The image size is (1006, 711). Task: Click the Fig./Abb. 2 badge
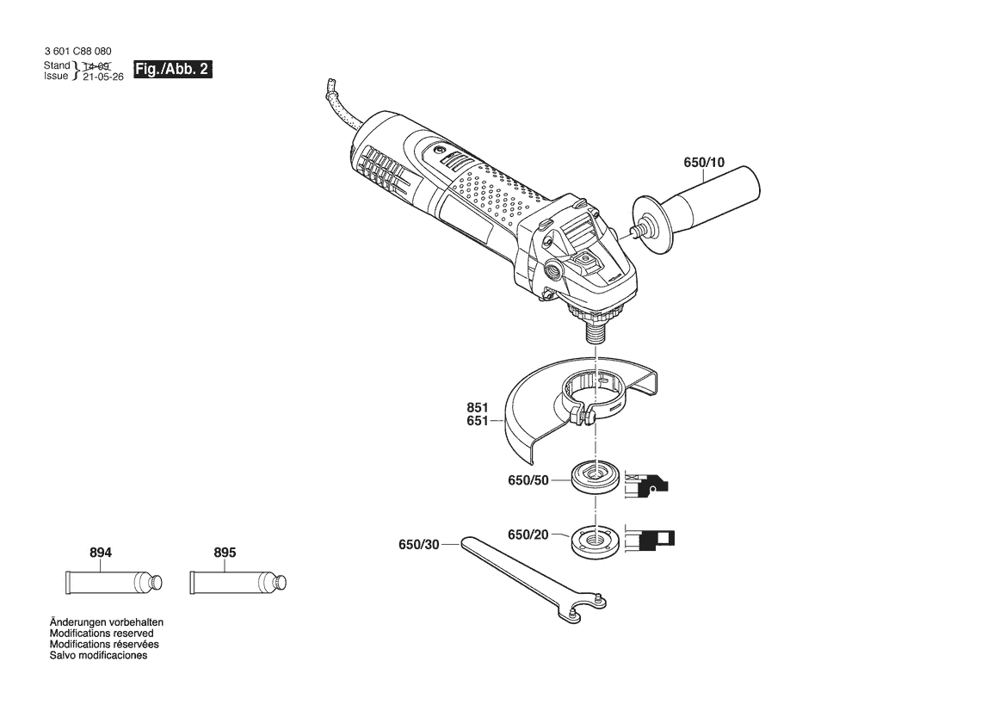173,70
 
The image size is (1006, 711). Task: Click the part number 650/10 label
704,163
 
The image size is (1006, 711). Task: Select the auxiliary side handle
695,211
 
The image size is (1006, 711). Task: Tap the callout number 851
478,407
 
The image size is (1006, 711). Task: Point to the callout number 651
478,421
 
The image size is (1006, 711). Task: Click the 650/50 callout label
528,480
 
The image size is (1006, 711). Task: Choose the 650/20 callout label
528,535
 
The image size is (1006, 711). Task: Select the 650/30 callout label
419,545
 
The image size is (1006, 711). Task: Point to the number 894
101,553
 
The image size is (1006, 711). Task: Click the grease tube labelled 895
238,583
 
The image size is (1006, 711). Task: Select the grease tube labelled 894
114,583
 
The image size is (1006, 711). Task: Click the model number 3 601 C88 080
77,52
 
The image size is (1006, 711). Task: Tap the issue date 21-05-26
103,77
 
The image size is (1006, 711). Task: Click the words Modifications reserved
102,634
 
